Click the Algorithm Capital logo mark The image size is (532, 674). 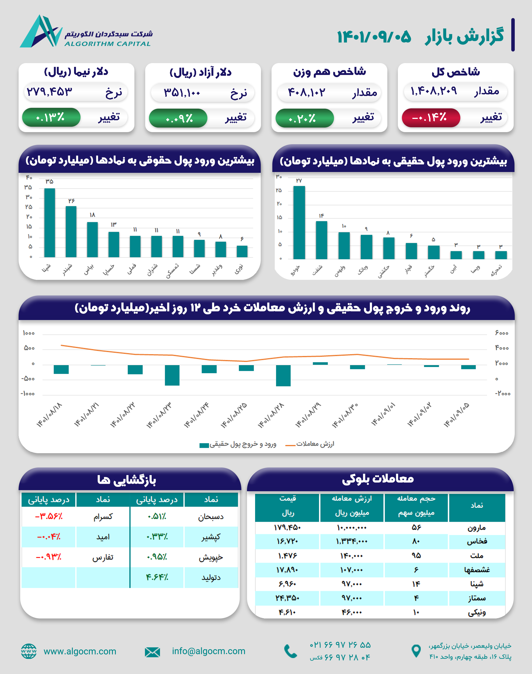(x=40, y=32)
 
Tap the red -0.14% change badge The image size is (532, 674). (x=430, y=118)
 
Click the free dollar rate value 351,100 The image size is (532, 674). (x=182, y=92)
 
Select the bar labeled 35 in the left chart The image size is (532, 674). (x=50, y=223)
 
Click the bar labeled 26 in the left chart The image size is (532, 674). (x=71, y=231)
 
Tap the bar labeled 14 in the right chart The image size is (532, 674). (x=321, y=240)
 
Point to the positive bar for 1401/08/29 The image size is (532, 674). (x=320, y=363)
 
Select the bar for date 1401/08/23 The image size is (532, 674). (x=172, y=375)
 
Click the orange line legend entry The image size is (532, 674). (x=310, y=444)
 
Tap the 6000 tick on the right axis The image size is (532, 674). (x=502, y=333)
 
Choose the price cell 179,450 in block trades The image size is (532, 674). (x=287, y=528)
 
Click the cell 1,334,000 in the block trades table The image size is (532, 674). (x=352, y=542)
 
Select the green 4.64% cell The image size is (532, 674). (x=157, y=577)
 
